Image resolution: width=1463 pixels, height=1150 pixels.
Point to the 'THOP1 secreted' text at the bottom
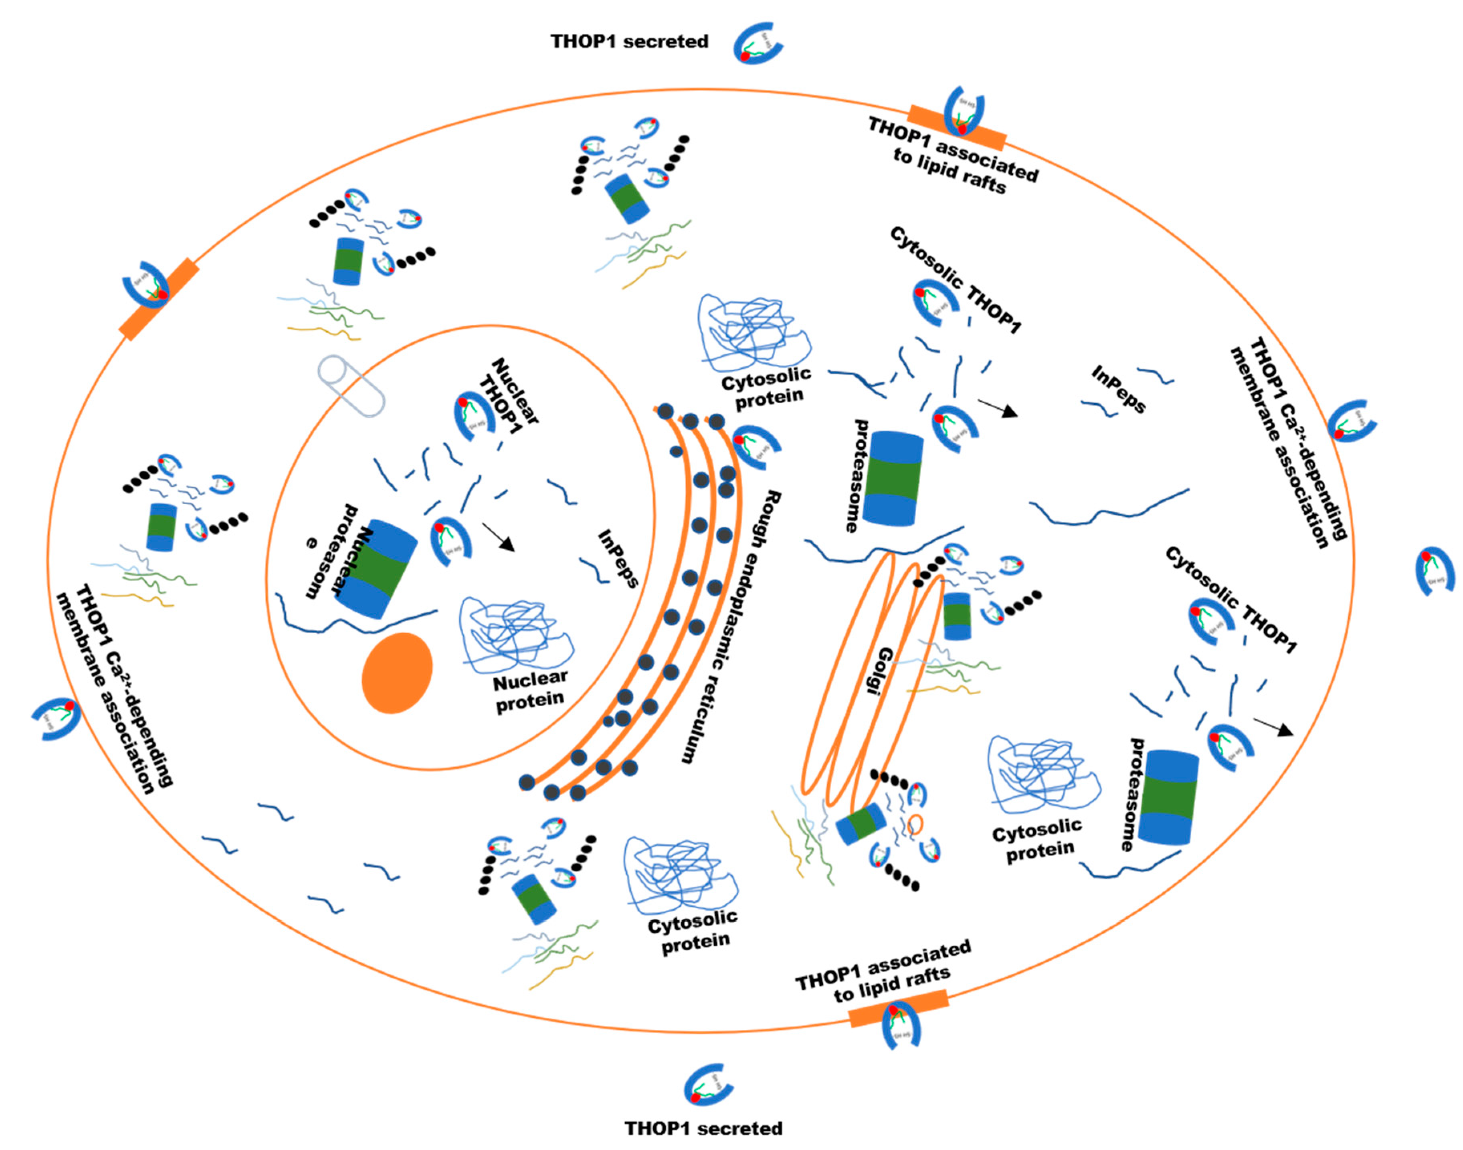click(x=703, y=1128)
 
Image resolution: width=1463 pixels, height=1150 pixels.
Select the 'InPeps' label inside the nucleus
click(x=617, y=559)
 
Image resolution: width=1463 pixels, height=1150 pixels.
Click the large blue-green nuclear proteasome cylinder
click(x=376, y=569)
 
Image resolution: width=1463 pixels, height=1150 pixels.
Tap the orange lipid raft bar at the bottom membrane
click(x=898, y=1008)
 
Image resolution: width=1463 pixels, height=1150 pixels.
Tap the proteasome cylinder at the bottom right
click(x=1172, y=797)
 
